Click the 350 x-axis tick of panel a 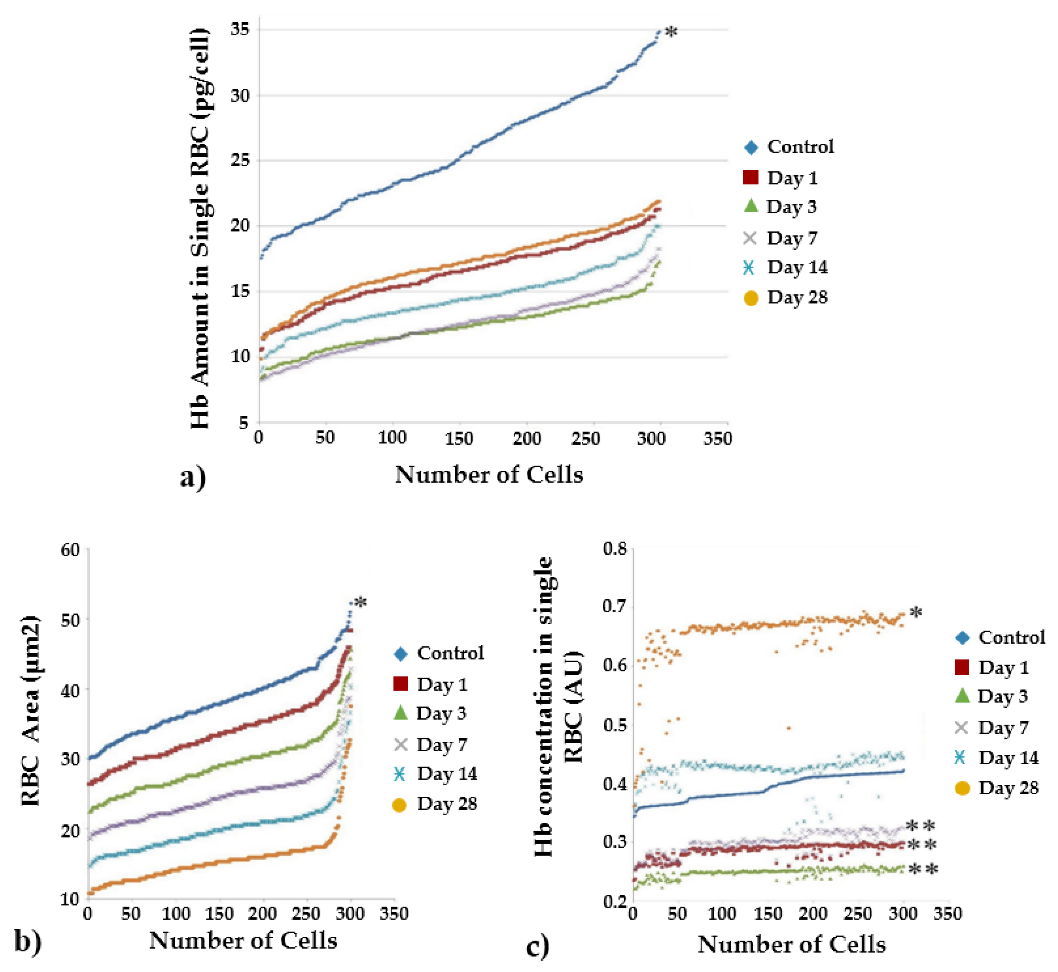pos(718,438)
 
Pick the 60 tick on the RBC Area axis pos(70,550)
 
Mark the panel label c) pos(538,946)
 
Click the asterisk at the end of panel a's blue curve pos(671,33)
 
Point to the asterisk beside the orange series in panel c pos(916,613)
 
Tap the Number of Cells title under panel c pos(791,945)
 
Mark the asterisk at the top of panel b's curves pos(361,603)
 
